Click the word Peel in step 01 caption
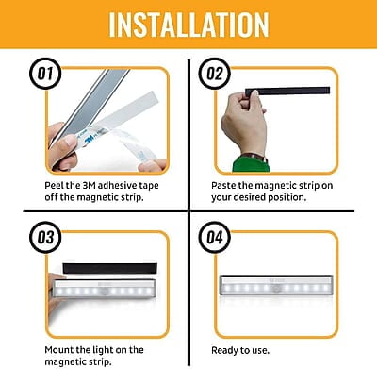click(56, 188)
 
